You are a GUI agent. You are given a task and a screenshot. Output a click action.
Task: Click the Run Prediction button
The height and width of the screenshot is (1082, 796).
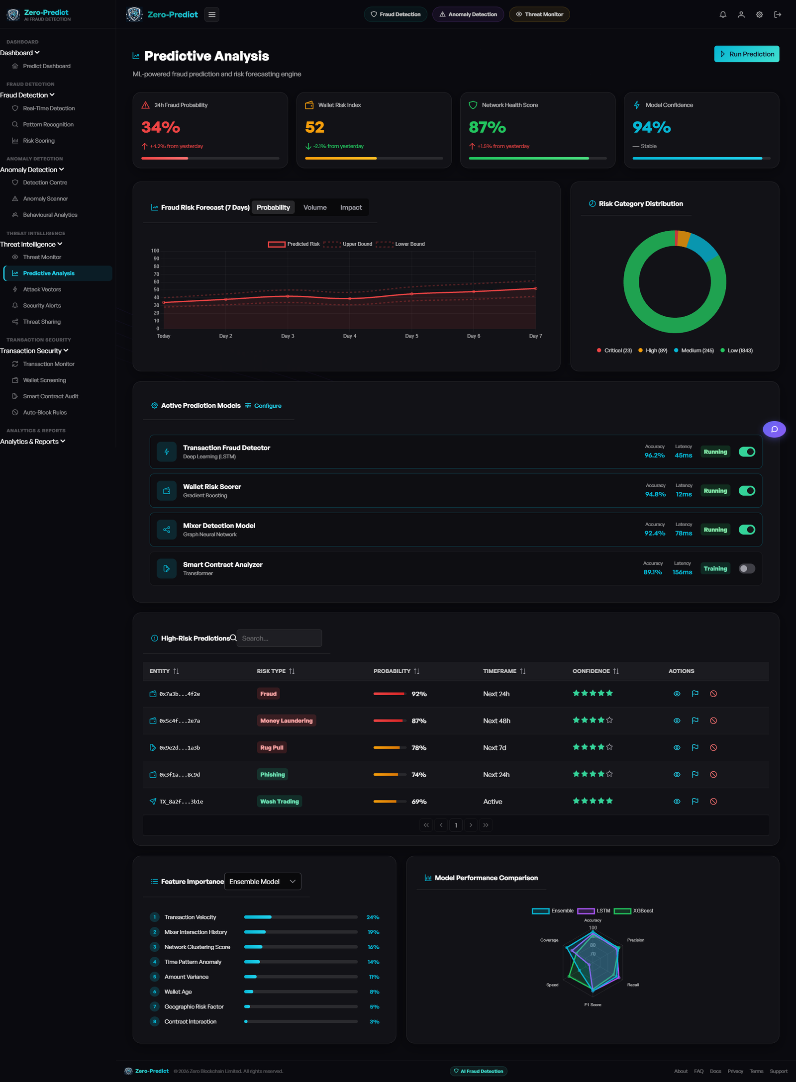point(746,54)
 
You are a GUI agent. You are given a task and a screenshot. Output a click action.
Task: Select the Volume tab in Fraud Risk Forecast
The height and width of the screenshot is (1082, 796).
point(315,207)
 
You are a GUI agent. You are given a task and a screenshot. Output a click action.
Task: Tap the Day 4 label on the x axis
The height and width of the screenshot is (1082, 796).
point(350,336)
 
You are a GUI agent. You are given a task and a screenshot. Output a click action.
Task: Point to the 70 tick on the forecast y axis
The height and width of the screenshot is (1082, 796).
point(156,274)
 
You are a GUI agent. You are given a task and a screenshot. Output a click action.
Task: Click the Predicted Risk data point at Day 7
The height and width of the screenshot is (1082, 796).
point(535,288)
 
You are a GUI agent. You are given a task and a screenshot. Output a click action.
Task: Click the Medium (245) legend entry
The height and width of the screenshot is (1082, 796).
point(694,351)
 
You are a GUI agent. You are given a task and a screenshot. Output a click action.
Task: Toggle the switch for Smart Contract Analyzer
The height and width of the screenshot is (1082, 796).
point(747,568)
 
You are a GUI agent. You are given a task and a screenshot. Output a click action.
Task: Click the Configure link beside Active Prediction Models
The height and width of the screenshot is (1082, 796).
point(263,406)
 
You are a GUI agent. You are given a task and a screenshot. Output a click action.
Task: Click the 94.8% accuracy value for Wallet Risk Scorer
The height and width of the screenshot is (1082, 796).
point(655,494)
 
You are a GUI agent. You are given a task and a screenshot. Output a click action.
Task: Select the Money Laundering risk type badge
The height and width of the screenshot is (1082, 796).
point(287,721)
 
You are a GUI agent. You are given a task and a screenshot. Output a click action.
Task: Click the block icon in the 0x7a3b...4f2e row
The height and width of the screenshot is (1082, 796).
point(713,694)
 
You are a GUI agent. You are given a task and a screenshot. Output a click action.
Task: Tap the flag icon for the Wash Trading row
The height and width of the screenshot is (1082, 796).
point(695,801)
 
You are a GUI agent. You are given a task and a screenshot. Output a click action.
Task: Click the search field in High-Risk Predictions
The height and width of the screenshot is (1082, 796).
point(279,638)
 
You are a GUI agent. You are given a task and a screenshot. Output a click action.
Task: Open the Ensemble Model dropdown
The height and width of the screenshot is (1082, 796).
point(263,882)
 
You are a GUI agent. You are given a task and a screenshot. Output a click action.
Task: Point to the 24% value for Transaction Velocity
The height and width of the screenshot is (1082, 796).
point(373,917)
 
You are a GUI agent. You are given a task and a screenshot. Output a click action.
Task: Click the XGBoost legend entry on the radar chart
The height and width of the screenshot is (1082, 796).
point(633,911)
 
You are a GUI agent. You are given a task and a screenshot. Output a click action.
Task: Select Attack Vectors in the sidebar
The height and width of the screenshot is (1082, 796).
point(42,289)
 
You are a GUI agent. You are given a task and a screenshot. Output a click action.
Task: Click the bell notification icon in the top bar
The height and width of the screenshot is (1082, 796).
point(723,14)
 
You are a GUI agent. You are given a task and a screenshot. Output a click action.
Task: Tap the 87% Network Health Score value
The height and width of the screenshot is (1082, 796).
point(487,127)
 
